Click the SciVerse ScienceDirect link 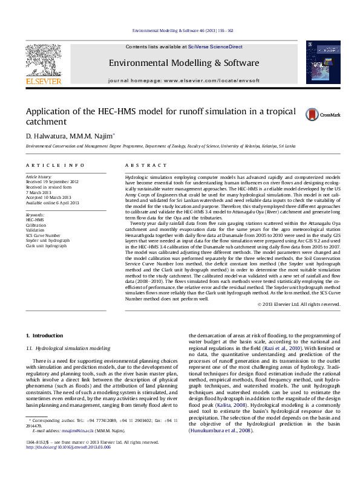click(x=215, y=47)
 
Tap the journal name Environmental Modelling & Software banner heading click(x=184, y=63)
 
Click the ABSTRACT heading click(x=146, y=165)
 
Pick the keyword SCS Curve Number click(x=43, y=235)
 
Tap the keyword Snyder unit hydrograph click(x=47, y=240)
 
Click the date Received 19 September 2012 click(x=52, y=181)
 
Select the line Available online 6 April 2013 click(x=52, y=203)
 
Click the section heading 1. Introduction click(x=47, y=335)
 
